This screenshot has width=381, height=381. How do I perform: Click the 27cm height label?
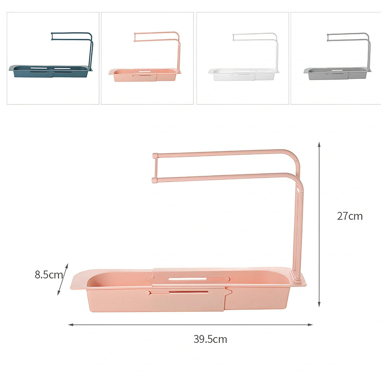pos(350,216)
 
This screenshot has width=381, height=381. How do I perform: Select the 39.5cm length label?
pos(210,339)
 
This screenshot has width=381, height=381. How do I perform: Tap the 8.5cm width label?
pos(49,275)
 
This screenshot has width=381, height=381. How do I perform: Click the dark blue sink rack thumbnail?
pos(53,58)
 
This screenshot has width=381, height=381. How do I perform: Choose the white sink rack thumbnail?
pos(242,58)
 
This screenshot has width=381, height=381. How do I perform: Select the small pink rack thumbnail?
pos(147,58)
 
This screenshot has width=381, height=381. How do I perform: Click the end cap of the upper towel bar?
pos(155,156)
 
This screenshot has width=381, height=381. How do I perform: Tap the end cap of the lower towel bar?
pos(155,180)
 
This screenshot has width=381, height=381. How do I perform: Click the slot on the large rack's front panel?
pos(189,292)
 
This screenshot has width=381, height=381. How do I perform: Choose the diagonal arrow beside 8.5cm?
pos(63,279)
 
